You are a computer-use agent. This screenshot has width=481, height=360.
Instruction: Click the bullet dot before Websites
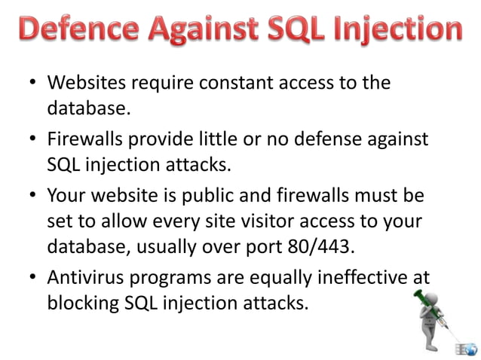34,83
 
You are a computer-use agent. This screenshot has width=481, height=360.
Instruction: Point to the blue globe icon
470,348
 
